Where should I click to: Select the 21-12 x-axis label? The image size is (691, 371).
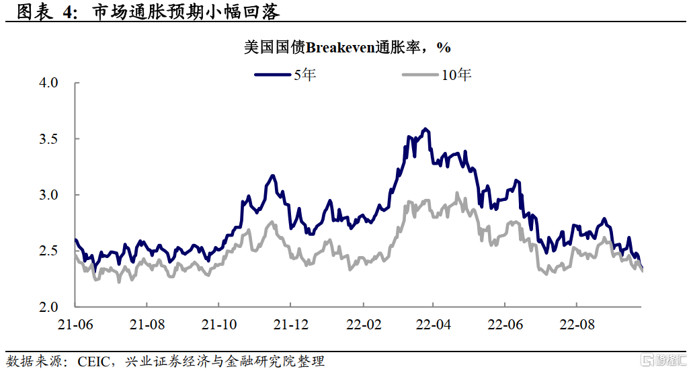point(290,325)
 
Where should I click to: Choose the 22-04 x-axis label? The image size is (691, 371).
point(434,325)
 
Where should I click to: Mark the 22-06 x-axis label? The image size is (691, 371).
point(505,325)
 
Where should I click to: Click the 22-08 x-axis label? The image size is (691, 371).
point(577,325)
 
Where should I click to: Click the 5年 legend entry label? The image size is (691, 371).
point(304,75)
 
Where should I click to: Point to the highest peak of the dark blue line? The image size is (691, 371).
point(425,128)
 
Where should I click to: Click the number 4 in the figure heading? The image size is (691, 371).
point(69,13)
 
